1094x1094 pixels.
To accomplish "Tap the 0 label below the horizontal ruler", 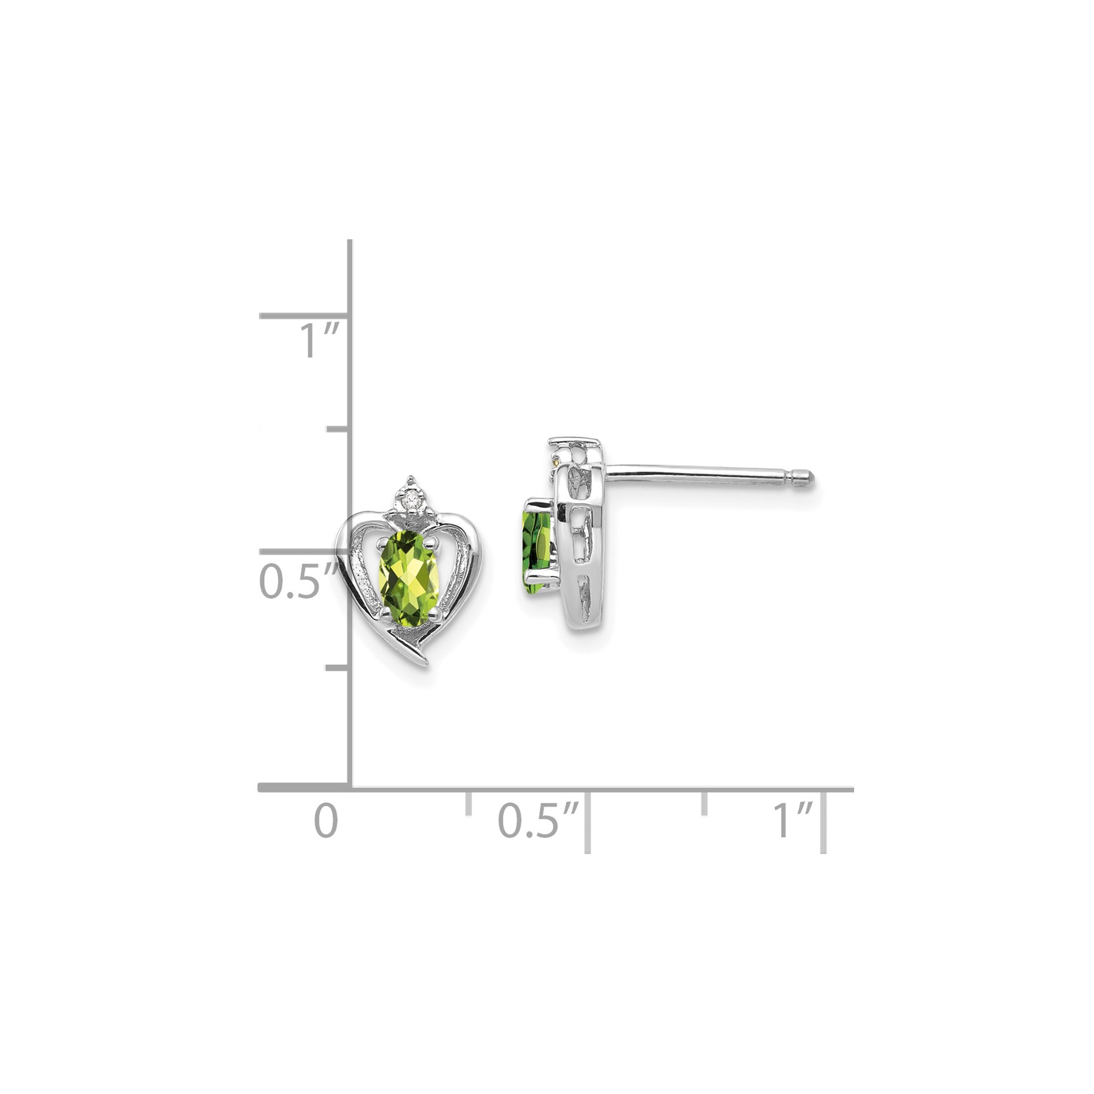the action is click(x=326, y=821).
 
